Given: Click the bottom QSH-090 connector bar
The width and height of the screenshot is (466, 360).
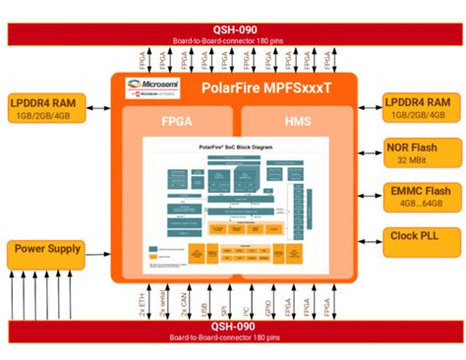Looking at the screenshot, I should click(233, 331).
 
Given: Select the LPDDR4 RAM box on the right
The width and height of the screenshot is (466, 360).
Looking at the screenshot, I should click(419, 107).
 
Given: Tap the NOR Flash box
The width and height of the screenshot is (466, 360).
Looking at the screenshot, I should click(419, 151).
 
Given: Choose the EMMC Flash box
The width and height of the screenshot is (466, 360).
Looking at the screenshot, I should click(419, 195).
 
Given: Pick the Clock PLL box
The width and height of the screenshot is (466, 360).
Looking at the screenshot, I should click(419, 237).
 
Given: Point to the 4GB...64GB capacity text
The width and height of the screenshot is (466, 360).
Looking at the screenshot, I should click(419, 203).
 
